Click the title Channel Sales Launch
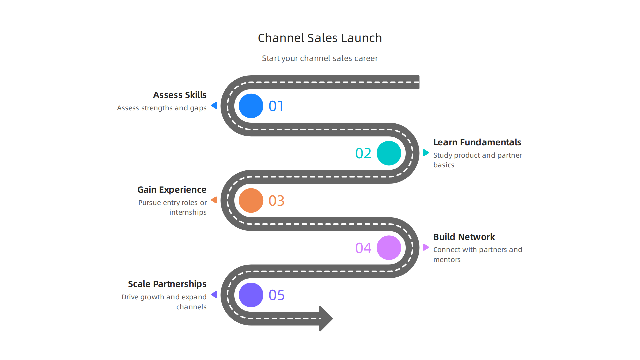pyautogui.click(x=320, y=38)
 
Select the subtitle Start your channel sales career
pyautogui.click(x=320, y=58)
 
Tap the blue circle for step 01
pyautogui.click(x=251, y=106)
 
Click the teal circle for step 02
pyautogui.click(x=389, y=153)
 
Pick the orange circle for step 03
pyautogui.click(x=251, y=201)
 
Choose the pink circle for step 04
pyautogui.click(x=389, y=248)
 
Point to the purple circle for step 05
pyautogui.click(x=251, y=295)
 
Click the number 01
pyautogui.click(x=276, y=106)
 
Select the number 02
pyautogui.click(x=363, y=154)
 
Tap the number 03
pyautogui.click(x=276, y=201)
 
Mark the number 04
pyautogui.click(x=363, y=248)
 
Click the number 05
pyautogui.click(x=276, y=295)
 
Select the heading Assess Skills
pyautogui.click(x=180, y=95)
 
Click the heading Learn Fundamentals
pyautogui.click(x=477, y=142)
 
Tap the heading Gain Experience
pyautogui.click(x=172, y=190)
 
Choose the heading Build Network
pyautogui.click(x=464, y=237)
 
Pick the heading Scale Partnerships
pyautogui.click(x=167, y=284)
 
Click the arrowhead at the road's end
pyautogui.click(x=325, y=318)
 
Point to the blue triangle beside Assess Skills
pyautogui.click(x=214, y=106)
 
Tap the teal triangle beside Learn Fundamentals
pyautogui.click(x=425, y=153)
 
